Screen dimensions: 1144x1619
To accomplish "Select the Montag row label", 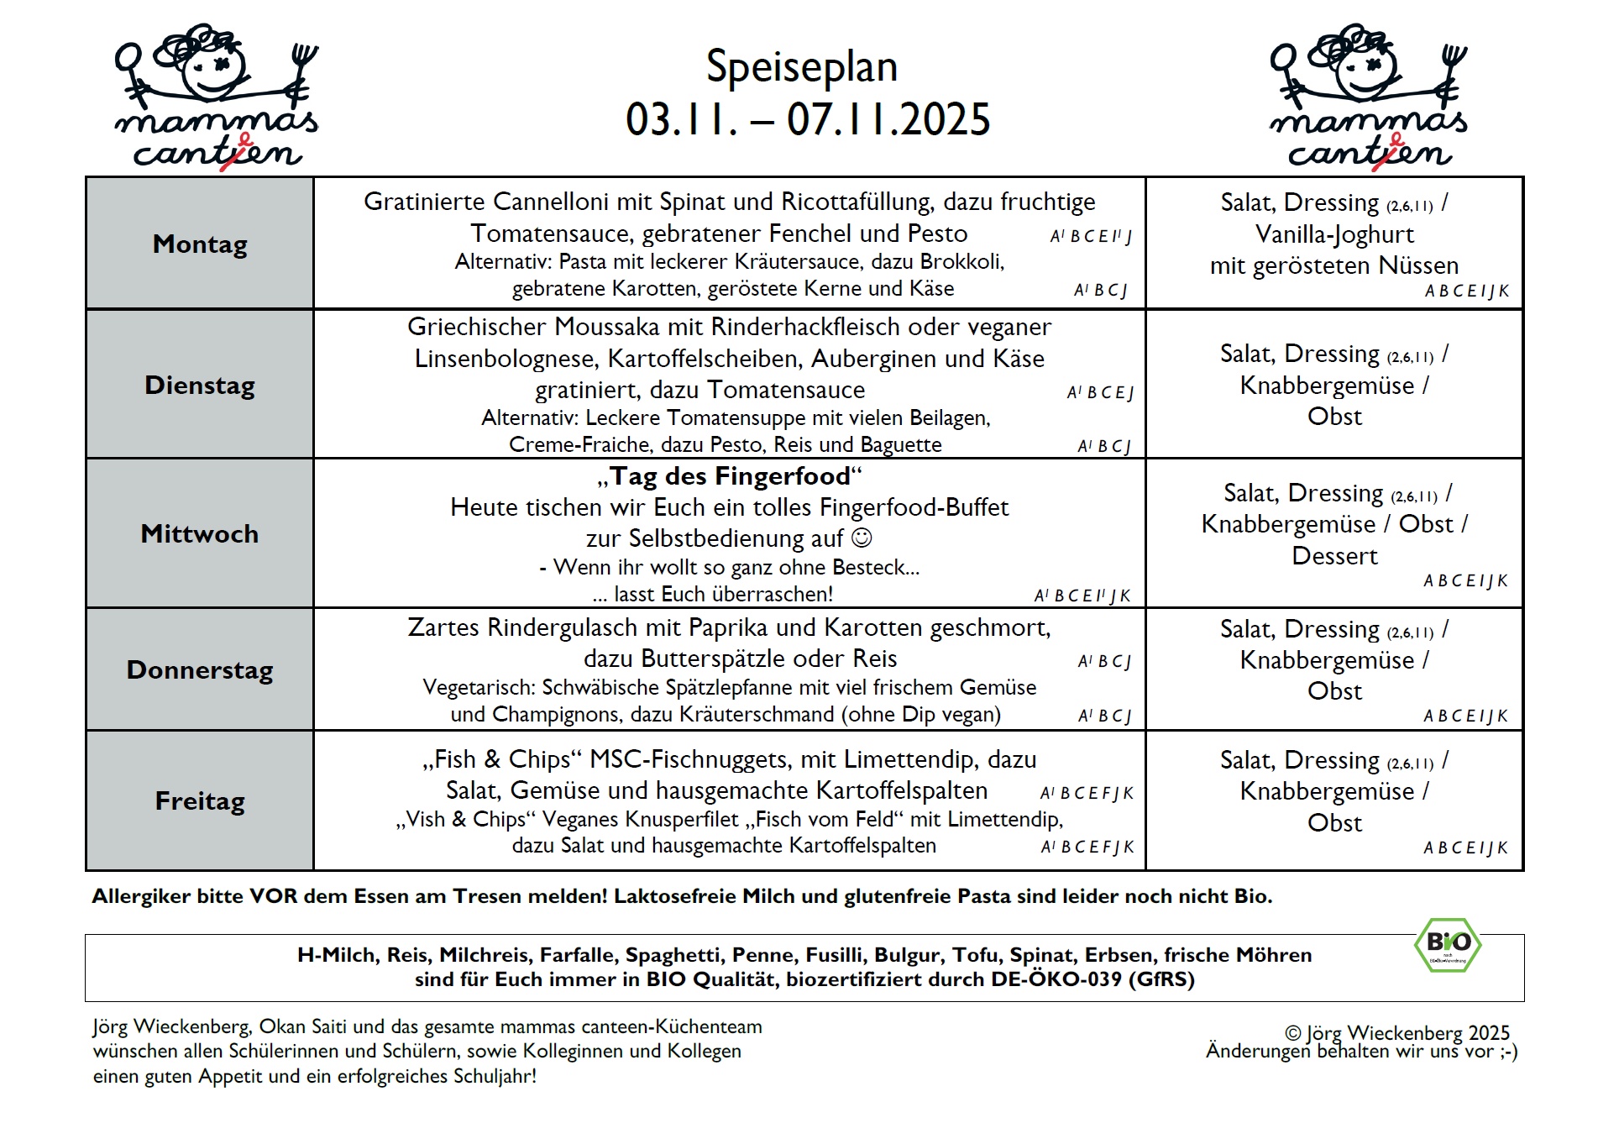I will [200, 244].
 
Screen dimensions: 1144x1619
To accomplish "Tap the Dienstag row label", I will [200, 385].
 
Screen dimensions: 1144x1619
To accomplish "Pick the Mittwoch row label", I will [200, 533].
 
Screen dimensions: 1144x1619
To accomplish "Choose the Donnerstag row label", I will [200, 669].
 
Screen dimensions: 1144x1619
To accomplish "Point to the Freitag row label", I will [200, 800].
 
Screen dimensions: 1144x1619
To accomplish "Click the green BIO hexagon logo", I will [1448, 944].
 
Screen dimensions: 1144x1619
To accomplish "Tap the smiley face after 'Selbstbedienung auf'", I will [862, 538].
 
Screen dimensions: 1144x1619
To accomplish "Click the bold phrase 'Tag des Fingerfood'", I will [730, 476].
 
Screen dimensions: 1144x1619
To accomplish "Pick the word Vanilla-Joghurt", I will [1334, 234].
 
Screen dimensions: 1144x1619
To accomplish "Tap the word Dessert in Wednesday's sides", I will [1334, 556].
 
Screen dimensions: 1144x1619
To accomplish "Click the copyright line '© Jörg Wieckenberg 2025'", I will [1396, 1032].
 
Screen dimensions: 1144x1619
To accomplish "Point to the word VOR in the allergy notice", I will [274, 896].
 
